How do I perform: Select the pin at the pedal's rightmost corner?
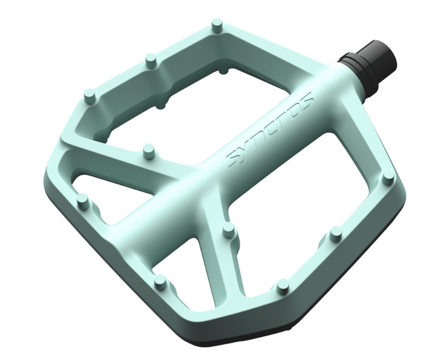click(x=388, y=178)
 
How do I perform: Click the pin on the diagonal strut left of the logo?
click(x=149, y=150)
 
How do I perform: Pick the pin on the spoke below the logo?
click(x=229, y=229)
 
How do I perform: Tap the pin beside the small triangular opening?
click(x=83, y=200)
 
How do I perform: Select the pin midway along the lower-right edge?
click(x=336, y=233)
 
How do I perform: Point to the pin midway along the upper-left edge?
click(x=151, y=60)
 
